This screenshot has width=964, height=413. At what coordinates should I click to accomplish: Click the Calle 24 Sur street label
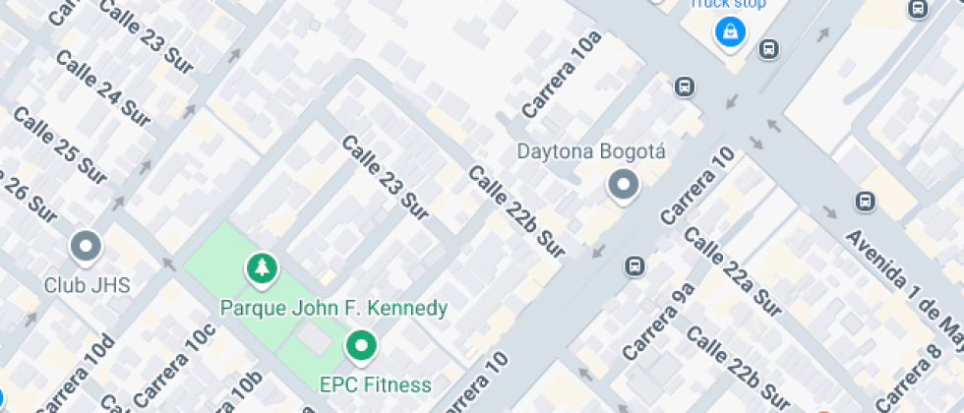(102, 88)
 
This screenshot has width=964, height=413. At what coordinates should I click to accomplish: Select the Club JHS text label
(88, 285)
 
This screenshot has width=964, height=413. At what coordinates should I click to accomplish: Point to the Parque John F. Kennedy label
(333, 308)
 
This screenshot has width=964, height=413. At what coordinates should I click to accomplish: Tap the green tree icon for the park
(261, 266)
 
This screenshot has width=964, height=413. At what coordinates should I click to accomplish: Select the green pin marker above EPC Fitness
(361, 346)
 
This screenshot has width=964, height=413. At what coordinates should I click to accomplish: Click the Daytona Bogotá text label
(591, 152)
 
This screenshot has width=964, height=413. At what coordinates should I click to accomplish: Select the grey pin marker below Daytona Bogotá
(623, 185)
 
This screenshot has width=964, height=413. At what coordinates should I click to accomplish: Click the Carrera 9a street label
(659, 321)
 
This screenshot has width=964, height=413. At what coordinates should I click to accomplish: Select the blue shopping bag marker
(730, 32)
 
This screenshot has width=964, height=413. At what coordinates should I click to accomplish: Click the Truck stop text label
(726, 4)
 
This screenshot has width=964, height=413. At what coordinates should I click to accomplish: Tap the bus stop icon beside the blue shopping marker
(769, 47)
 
